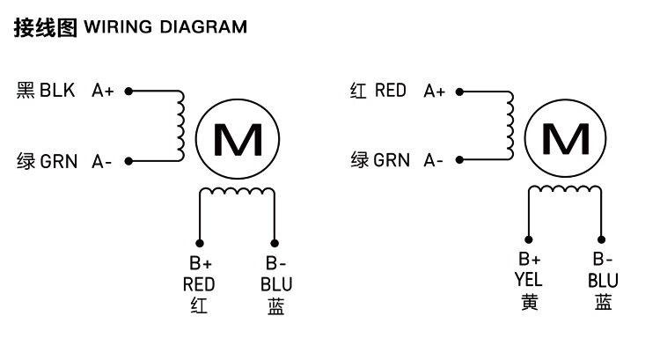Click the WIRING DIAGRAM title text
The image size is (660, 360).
click(x=165, y=27)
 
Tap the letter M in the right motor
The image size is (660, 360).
click(x=566, y=139)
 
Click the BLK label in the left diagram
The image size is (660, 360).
click(x=58, y=90)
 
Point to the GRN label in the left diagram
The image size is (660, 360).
click(x=59, y=161)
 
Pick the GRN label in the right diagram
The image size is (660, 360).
click(x=392, y=160)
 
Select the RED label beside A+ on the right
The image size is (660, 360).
click(x=391, y=90)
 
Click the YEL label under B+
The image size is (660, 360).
click(x=529, y=280)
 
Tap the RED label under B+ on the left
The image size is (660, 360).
click(x=199, y=284)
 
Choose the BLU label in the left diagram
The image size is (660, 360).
click(x=276, y=284)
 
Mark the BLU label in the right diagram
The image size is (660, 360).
click(x=603, y=280)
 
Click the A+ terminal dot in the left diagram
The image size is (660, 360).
click(x=128, y=90)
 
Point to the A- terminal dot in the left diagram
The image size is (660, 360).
click(x=128, y=161)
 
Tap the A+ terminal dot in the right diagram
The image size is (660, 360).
click(x=460, y=90)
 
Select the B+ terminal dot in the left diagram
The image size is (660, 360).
click(x=200, y=243)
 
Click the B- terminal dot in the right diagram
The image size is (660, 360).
click(x=603, y=239)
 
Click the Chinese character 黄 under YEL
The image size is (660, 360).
click(x=529, y=302)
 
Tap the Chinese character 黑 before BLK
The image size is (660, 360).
click(x=26, y=90)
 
